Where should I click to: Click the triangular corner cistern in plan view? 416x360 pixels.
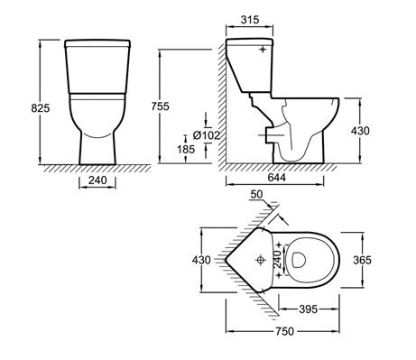point(253,260)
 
